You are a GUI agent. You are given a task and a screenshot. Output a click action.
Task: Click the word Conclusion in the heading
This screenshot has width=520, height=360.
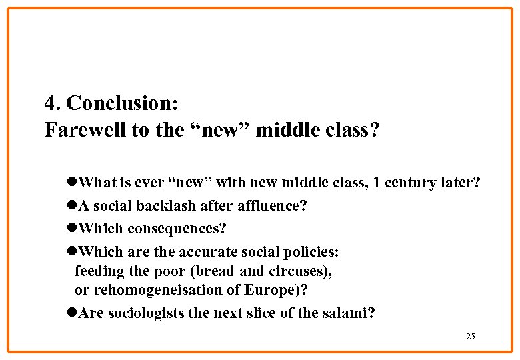pyautogui.click(x=122, y=103)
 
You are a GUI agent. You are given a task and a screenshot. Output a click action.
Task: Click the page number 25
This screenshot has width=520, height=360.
pyautogui.click(x=471, y=336)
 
